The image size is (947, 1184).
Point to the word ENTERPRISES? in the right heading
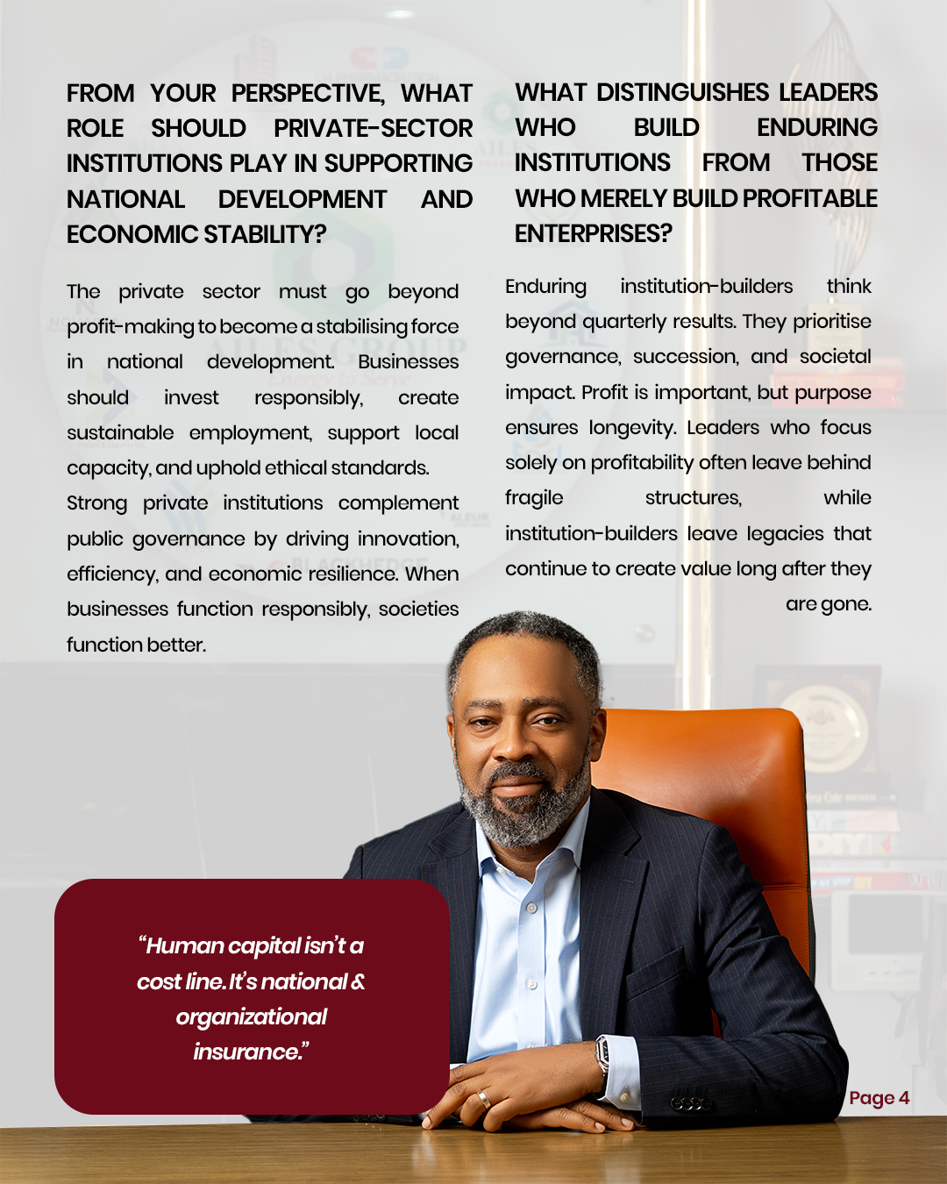(x=593, y=233)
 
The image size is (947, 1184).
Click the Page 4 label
(x=879, y=1098)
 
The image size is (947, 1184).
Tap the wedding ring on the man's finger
(x=483, y=1099)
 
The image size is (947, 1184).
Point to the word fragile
(x=534, y=498)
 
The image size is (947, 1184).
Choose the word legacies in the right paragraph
(x=785, y=533)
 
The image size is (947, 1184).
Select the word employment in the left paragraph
(x=250, y=433)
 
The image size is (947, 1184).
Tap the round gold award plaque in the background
(x=829, y=728)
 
